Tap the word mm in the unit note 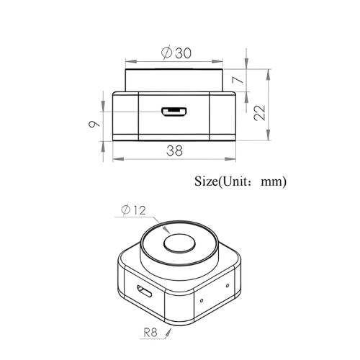(274, 182)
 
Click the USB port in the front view (174, 112)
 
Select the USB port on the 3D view (143, 293)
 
